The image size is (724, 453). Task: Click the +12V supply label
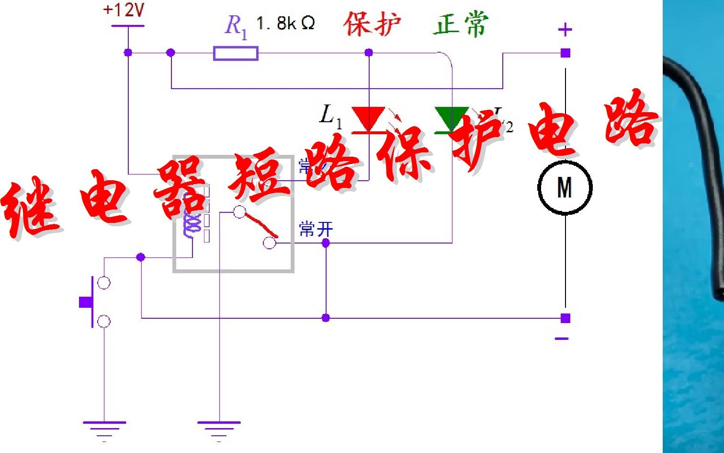[x=124, y=10]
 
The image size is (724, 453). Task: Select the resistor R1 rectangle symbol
[x=236, y=53]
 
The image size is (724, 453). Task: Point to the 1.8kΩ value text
[x=285, y=23]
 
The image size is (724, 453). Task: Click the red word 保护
[x=372, y=24]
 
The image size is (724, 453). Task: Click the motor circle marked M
[x=565, y=187]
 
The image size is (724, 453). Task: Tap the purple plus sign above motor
[x=565, y=30]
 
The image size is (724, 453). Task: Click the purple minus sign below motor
[x=562, y=338]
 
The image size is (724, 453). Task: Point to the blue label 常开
[x=316, y=229]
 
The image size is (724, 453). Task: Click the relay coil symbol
[x=191, y=220]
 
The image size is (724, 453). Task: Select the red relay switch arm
[x=261, y=226]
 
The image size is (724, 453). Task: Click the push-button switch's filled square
[x=86, y=302]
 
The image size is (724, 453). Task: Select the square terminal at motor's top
[x=566, y=53]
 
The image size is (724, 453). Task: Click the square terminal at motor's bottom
[x=566, y=318]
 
